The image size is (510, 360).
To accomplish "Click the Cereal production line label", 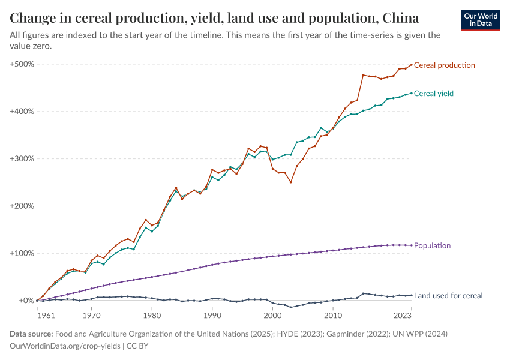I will coord(445,65).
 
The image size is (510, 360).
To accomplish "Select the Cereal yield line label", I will coord(434,94).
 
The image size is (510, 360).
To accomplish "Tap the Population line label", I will coord(432,245).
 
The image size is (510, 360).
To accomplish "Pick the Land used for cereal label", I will coord(448,295).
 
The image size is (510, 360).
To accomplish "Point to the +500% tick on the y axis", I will coord(22,64).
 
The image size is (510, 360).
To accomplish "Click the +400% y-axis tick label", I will coord(22,112).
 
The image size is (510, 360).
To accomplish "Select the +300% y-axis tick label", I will coord(22,159).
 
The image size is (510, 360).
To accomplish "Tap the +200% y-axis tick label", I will coord(22,206).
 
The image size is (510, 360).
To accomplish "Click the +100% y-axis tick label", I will coord(22,253).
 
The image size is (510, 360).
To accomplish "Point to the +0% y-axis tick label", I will coord(25,301).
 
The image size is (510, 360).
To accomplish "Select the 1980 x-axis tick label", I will coord(152,314).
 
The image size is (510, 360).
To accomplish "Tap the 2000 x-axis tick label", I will coord(272,314).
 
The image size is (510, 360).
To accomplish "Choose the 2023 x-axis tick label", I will coord(411,314).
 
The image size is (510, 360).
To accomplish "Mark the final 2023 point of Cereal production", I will coord(411,65).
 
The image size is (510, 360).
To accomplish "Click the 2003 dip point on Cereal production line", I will coord(290,182).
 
